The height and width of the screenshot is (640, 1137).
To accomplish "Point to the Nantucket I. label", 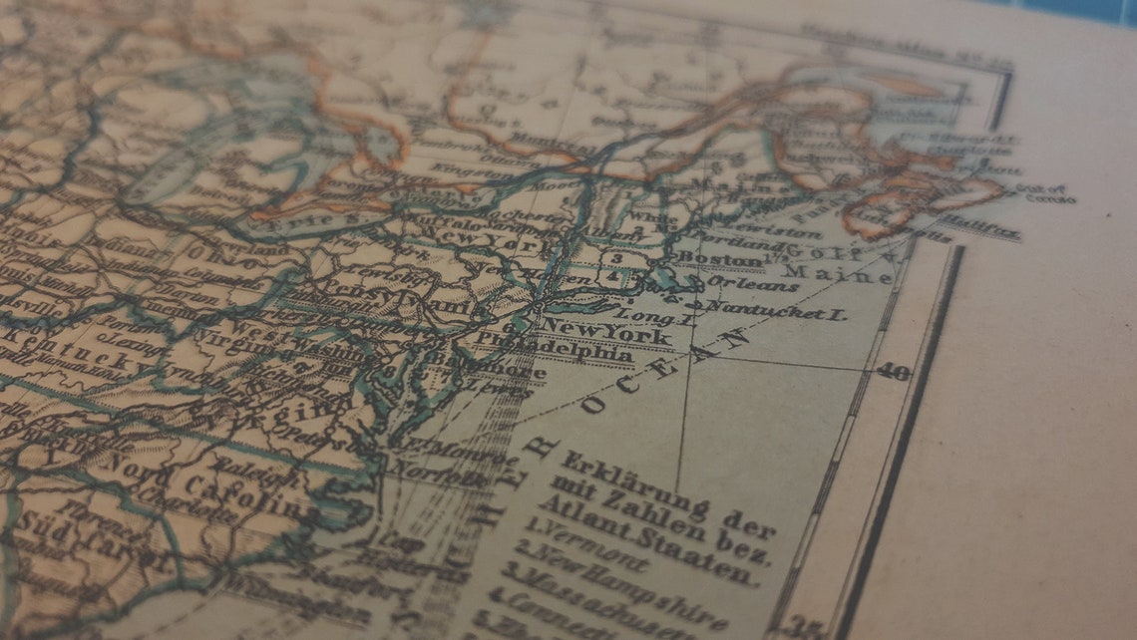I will point(777,311).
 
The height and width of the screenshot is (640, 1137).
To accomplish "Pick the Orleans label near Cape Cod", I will point(753,284).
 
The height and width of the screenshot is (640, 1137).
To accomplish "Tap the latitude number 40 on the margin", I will point(892,372).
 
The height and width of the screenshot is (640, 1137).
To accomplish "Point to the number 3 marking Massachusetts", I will point(617,257).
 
